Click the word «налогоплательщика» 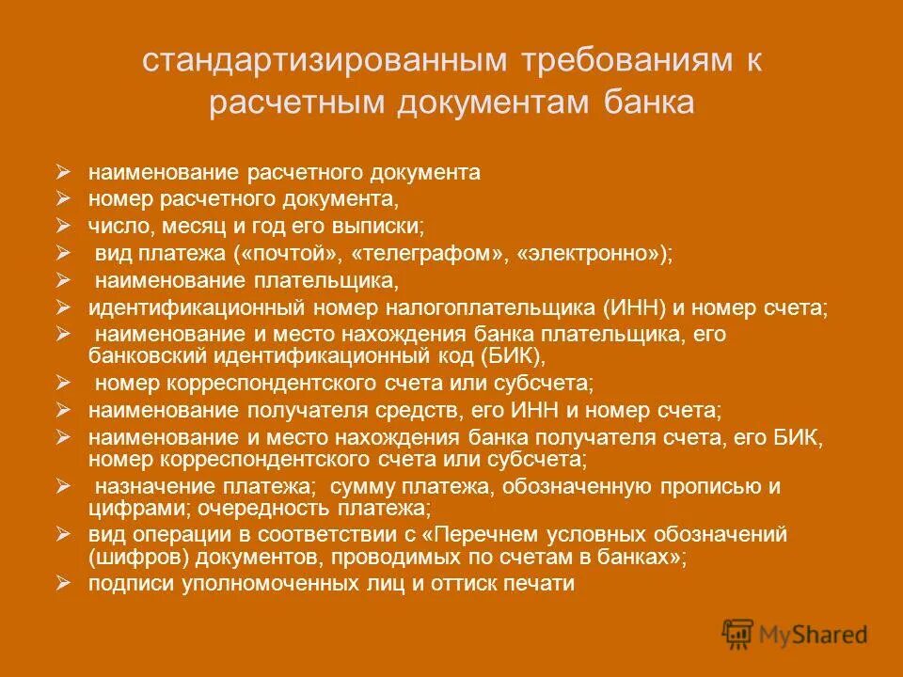(x=484, y=307)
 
